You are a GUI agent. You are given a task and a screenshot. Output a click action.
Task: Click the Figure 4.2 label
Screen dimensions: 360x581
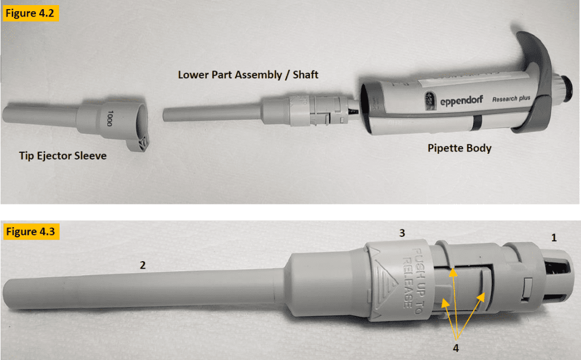(x=32, y=14)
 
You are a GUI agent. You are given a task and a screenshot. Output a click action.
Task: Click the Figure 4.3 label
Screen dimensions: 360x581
(x=32, y=232)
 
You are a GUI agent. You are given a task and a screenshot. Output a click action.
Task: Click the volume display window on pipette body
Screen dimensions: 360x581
(x=430, y=100)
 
